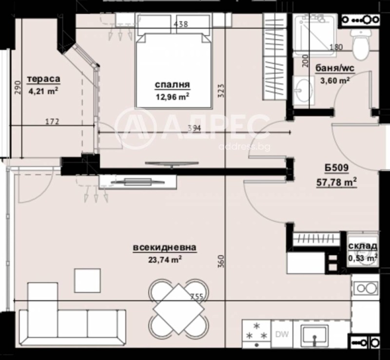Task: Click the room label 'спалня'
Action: pyautogui.click(x=172, y=85)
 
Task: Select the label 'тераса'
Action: pyautogui.click(x=44, y=79)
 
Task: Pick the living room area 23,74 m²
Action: pyautogui.click(x=164, y=259)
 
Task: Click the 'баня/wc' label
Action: pyautogui.click(x=335, y=68)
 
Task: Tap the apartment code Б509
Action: pyautogui.click(x=337, y=170)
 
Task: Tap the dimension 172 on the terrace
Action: pyautogui.click(x=52, y=122)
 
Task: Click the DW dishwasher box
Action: pyautogui.click(x=281, y=334)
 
